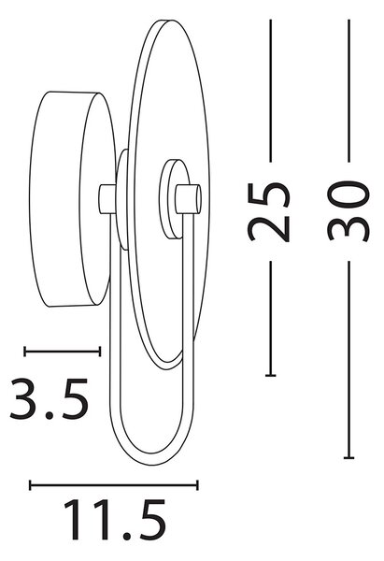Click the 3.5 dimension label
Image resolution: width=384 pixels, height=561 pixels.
pos(49,398)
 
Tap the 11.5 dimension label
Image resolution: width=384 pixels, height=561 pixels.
pos(115,520)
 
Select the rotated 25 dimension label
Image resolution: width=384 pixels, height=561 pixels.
pos(268,212)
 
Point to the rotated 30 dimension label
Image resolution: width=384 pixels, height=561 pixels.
pos(348,211)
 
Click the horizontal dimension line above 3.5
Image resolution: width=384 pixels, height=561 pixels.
pos(63,352)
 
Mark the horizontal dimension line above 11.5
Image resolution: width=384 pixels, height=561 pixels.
pos(114,485)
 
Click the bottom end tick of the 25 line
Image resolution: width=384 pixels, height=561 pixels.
pos(271,375)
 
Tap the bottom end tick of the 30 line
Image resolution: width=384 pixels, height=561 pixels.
pos(348,457)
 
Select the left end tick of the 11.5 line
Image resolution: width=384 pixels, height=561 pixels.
pos(31,485)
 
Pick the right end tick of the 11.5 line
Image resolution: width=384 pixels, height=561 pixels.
pos(198,485)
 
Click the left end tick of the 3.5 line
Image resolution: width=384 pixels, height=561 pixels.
pos(24,352)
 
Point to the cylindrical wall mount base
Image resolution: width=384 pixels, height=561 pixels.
pos(73,199)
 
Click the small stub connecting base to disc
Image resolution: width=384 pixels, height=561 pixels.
pos(107,199)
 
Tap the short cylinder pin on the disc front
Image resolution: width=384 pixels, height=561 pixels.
pos(188,199)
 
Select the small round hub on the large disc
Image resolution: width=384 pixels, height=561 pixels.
pos(175,199)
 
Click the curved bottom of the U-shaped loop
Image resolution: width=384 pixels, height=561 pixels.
pos(153,460)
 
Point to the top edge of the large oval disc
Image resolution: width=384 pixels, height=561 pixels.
pos(166,21)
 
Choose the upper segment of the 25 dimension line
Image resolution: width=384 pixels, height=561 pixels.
pos(271,91)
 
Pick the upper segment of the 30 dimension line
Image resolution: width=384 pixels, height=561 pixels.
pos(348,91)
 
